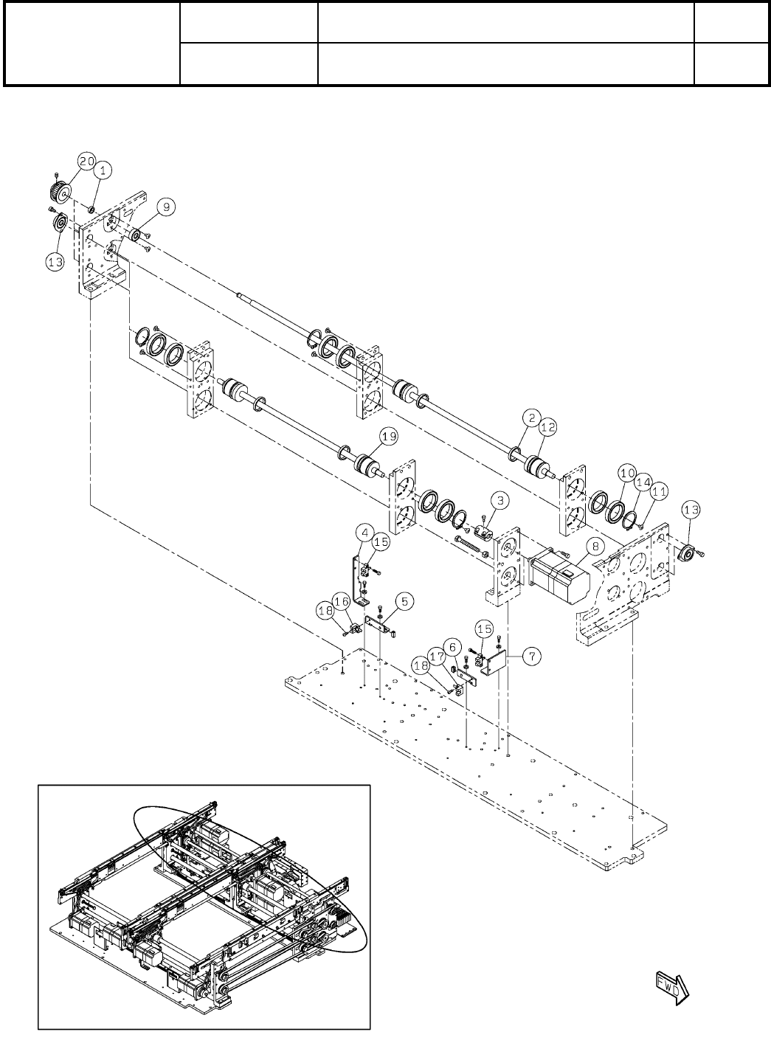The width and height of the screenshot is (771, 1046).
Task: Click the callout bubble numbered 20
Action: pos(87,161)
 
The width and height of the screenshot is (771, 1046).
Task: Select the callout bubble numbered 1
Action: pos(103,170)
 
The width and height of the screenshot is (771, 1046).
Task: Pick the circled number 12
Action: pos(547,426)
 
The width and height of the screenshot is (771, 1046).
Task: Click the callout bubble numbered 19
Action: pos(389,437)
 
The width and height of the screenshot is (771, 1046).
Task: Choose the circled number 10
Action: pos(627,471)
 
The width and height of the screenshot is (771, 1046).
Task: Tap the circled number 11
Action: pos(658,489)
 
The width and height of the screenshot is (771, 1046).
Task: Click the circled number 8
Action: pos(594,546)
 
